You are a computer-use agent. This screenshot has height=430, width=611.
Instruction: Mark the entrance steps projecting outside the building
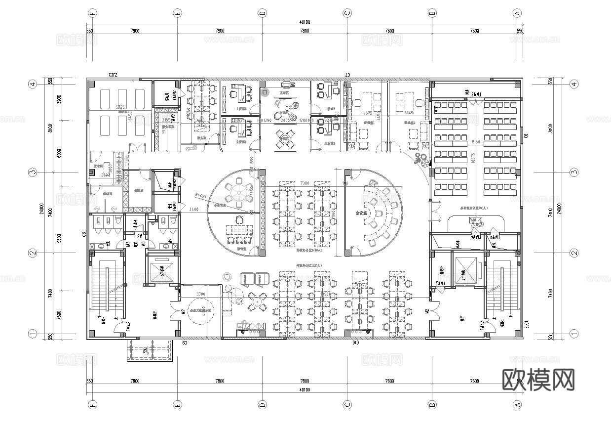tap(151, 350)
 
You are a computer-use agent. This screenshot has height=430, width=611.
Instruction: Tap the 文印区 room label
tap(284, 92)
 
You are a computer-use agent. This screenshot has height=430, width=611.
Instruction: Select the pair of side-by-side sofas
tap(253, 279)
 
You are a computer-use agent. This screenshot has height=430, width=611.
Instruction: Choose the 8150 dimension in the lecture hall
tap(476, 142)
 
